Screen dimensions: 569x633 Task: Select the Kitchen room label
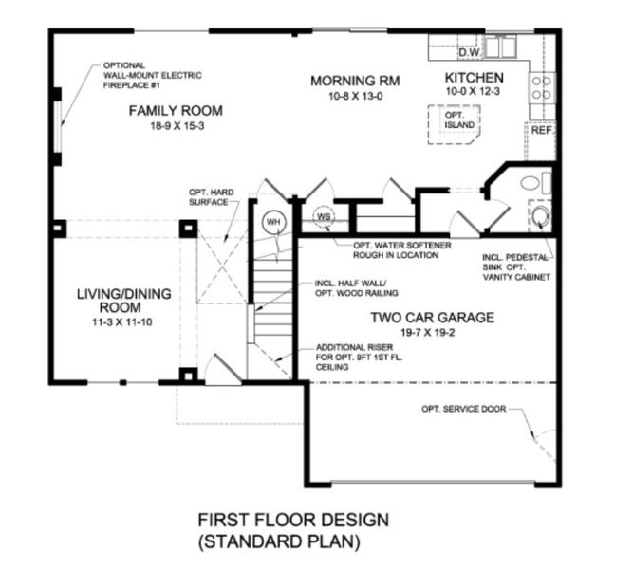point(474,77)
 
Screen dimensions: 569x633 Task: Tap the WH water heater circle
point(274,221)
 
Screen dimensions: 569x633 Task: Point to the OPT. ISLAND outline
point(455,122)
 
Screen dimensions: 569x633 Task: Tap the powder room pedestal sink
point(540,218)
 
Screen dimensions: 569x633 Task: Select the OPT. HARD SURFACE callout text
point(208,196)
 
